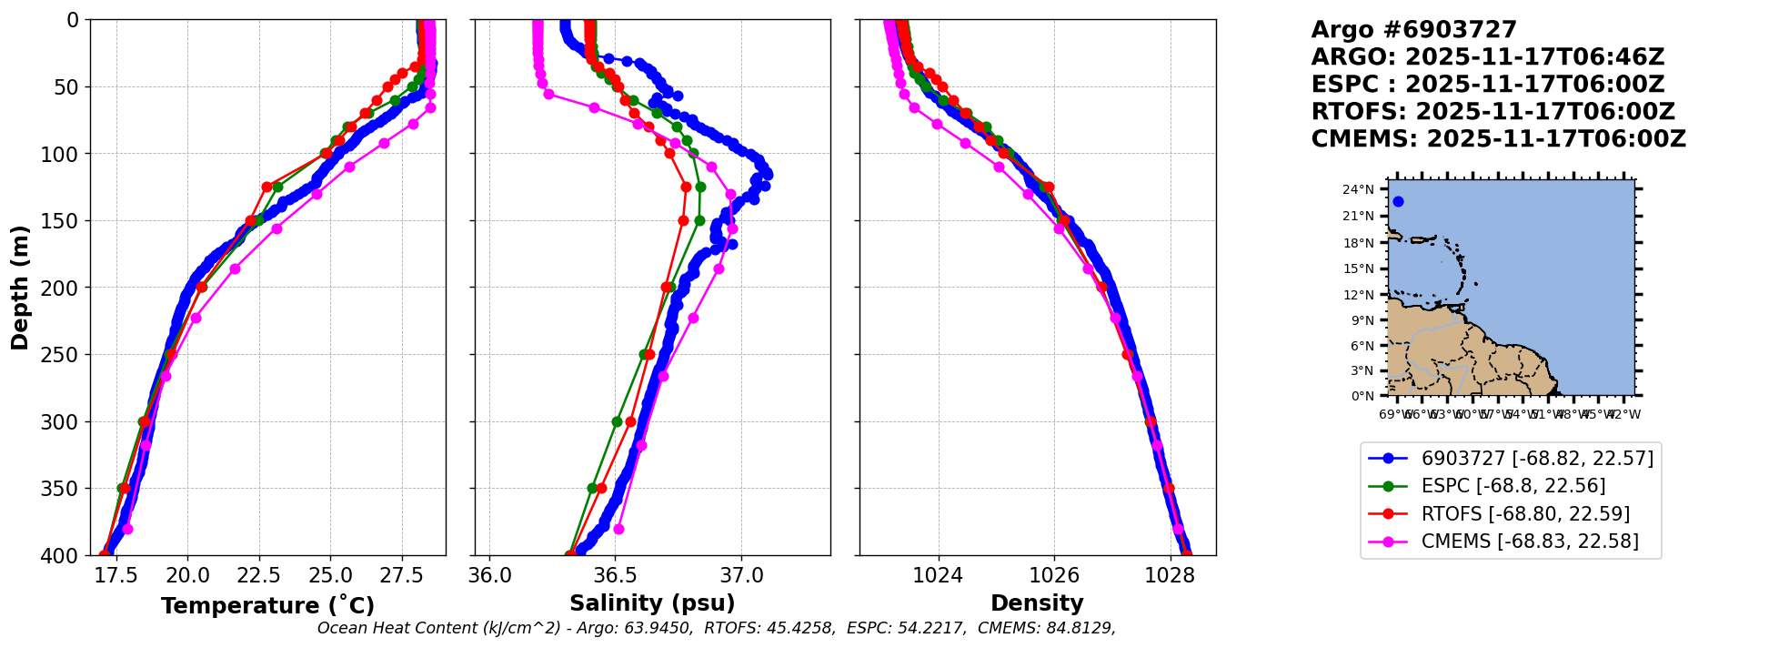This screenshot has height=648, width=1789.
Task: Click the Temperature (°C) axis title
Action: click(x=267, y=605)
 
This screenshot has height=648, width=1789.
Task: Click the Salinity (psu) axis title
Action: click(x=652, y=603)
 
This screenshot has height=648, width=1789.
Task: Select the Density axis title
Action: click(x=1037, y=603)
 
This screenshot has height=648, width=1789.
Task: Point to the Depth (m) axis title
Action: click(x=20, y=288)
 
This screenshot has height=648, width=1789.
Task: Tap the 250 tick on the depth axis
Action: click(x=65, y=355)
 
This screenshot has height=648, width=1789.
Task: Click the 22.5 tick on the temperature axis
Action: click(x=259, y=575)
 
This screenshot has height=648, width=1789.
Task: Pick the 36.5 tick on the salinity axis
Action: click(x=615, y=575)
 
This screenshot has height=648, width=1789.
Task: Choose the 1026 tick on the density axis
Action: click(x=1054, y=575)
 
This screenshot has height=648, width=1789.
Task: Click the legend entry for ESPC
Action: click(x=1513, y=486)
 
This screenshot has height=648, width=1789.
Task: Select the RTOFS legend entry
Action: click(x=1524, y=514)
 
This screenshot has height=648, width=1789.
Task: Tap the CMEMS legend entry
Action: click(x=1529, y=542)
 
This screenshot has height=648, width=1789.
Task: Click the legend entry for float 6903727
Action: click(x=1536, y=459)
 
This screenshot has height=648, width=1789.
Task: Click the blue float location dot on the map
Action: click(x=1398, y=202)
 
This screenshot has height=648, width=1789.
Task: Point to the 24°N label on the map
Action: click(x=1359, y=190)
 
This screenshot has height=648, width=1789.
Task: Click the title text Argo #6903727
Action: click(x=1413, y=30)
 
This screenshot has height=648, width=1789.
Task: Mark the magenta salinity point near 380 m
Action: click(x=618, y=529)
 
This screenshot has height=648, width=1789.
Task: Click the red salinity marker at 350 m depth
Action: click(x=601, y=488)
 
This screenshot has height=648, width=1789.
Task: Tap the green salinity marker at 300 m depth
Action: click(x=617, y=421)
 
